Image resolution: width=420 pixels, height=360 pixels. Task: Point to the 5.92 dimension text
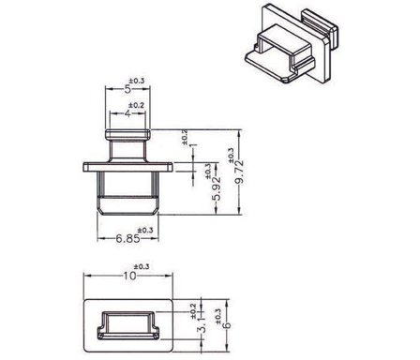[x=215, y=194]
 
